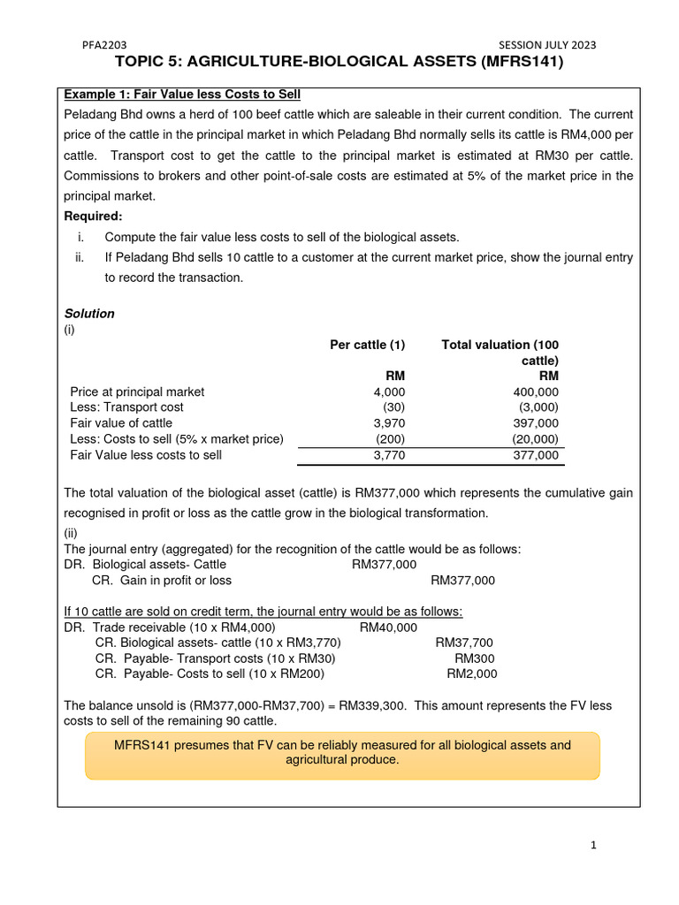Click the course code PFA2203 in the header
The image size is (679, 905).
point(104,45)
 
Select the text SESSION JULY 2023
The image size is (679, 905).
point(547,45)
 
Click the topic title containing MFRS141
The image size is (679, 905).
point(339,63)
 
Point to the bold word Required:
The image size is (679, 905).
point(94,217)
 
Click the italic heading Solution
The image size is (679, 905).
point(89,314)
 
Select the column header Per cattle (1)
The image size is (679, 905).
point(367,345)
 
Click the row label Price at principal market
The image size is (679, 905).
point(137,392)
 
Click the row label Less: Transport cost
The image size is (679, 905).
point(126,407)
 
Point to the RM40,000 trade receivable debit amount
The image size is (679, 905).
point(388,627)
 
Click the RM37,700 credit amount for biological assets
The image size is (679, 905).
point(464,643)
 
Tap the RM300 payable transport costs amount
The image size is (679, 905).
point(476,658)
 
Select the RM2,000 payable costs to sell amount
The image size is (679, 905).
point(472,674)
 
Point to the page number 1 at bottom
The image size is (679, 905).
point(594,846)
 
